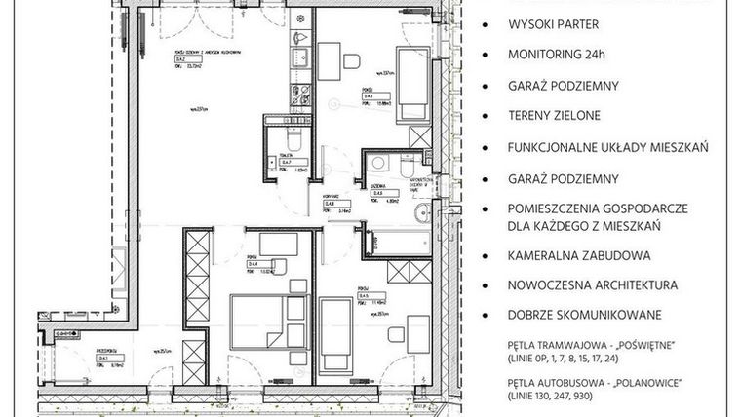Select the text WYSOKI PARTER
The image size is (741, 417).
(x=551, y=23)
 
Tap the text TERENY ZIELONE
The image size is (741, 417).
(x=554, y=116)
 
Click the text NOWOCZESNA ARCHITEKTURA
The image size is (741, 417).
(x=592, y=285)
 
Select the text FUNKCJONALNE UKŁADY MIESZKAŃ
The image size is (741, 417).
(x=607, y=147)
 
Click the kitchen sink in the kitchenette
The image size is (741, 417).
(x=300, y=58)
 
